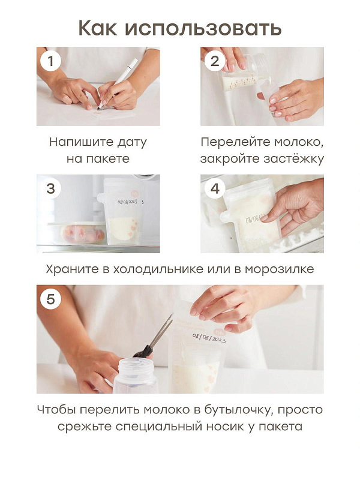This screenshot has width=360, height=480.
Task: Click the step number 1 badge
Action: point(51,61)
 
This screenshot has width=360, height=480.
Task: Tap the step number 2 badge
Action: point(215,61)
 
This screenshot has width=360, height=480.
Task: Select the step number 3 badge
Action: point(51,188)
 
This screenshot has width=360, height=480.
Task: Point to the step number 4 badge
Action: point(215,188)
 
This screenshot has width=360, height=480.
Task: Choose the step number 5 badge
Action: point(51,299)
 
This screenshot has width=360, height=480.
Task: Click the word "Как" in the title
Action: point(98,28)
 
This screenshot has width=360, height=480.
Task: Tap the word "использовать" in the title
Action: point(203,28)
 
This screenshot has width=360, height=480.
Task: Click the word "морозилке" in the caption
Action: point(279,269)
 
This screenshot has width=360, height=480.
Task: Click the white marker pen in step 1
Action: point(118,83)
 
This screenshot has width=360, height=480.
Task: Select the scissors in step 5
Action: point(154,336)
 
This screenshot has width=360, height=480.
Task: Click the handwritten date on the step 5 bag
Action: point(209,338)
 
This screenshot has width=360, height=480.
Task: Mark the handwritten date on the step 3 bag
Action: point(128,202)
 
